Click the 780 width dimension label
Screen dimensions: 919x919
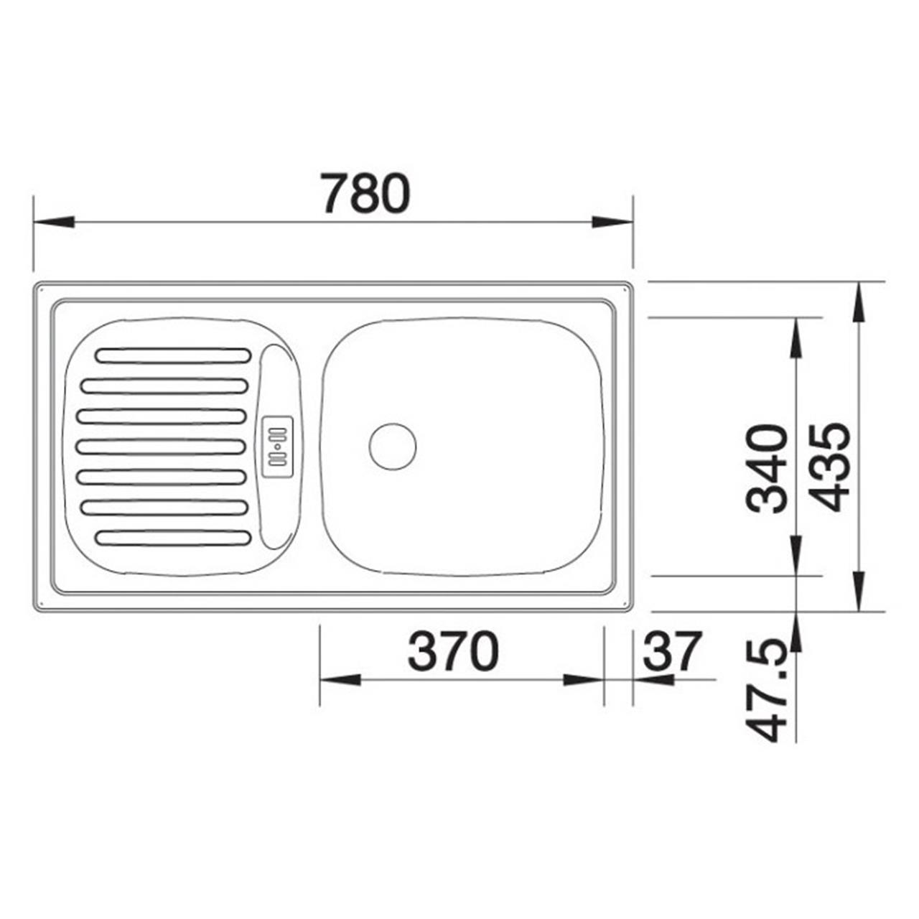pos(365,193)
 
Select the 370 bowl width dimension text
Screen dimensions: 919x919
pos(452,651)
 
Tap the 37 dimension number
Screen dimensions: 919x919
pos(670,650)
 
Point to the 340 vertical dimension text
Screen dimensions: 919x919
pos(767,468)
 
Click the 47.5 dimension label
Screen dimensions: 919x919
pos(767,692)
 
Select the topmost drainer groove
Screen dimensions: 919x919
pos(173,355)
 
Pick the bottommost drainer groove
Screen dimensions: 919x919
pos(173,537)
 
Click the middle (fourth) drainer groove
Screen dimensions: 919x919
pos(162,447)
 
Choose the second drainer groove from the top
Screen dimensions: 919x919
pos(164,386)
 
